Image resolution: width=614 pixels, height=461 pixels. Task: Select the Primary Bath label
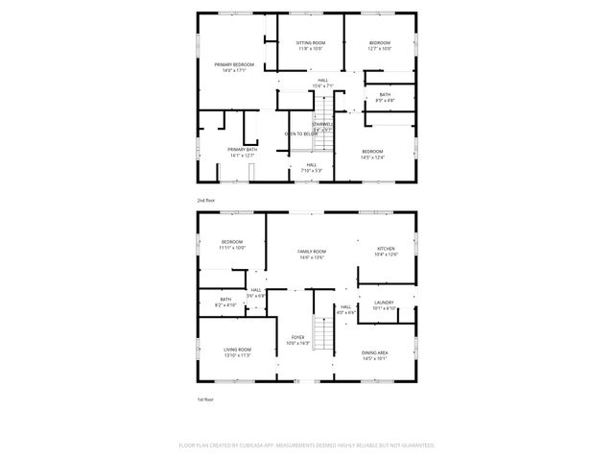(x=242, y=152)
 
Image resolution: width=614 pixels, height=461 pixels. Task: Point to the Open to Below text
(x=300, y=133)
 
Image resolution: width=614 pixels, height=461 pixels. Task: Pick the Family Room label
(x=312, y=254)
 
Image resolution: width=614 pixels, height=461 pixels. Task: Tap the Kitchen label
(x=385, y=252)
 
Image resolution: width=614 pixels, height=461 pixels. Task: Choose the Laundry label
(x=384, y=305)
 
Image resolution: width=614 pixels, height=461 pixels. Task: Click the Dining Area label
(x=374, y=355)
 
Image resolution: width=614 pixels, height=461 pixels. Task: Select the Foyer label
(x=298, y=340)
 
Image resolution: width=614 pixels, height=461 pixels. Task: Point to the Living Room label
(x=238, y=352)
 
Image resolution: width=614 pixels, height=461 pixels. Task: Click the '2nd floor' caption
(x=206, y=200)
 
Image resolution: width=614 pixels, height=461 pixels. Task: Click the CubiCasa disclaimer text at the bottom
(x=307, y=446)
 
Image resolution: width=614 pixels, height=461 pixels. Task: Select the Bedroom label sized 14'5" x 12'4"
(x=372, y=154)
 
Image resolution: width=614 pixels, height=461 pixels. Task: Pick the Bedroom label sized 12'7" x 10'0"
(x=380, y=45)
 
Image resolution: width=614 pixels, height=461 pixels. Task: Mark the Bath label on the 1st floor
(x=225, y=302)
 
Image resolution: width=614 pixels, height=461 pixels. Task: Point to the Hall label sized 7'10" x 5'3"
(x=312, y=167)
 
